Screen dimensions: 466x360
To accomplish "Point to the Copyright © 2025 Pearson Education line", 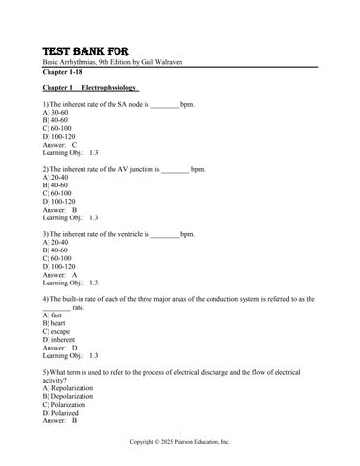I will [x=180, y=440].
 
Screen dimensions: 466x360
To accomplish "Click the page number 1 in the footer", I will [x=180, y=432].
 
